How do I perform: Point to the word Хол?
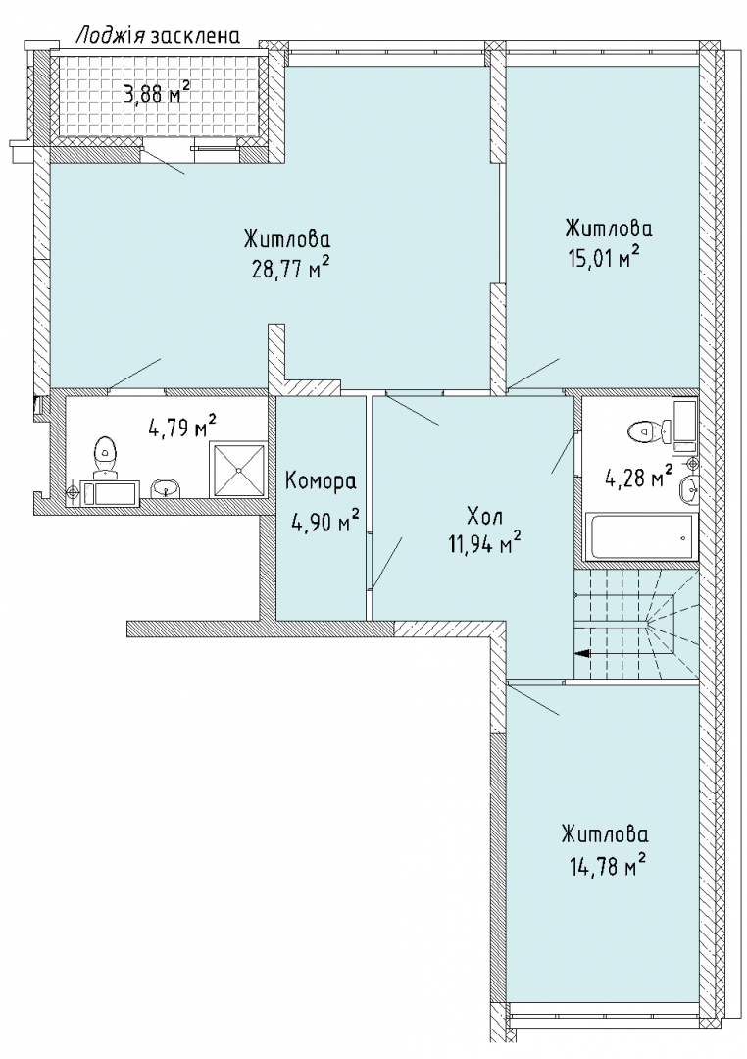(x=485, y=518)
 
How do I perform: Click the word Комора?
(x=321, y=481)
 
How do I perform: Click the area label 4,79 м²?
(x=182, y=427)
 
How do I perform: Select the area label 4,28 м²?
(x=637, y=478)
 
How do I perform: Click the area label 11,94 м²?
(x=485, y=541)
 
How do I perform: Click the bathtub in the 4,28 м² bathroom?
(x=640, y=537)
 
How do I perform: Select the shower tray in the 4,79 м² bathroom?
(x=239, y=470)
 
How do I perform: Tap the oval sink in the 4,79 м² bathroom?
(x=166, y=487)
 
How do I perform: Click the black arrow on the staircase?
(x=581, y=653)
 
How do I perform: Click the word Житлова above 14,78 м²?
(x=604, y=834)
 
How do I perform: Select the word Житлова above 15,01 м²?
(x=609, y=227)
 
